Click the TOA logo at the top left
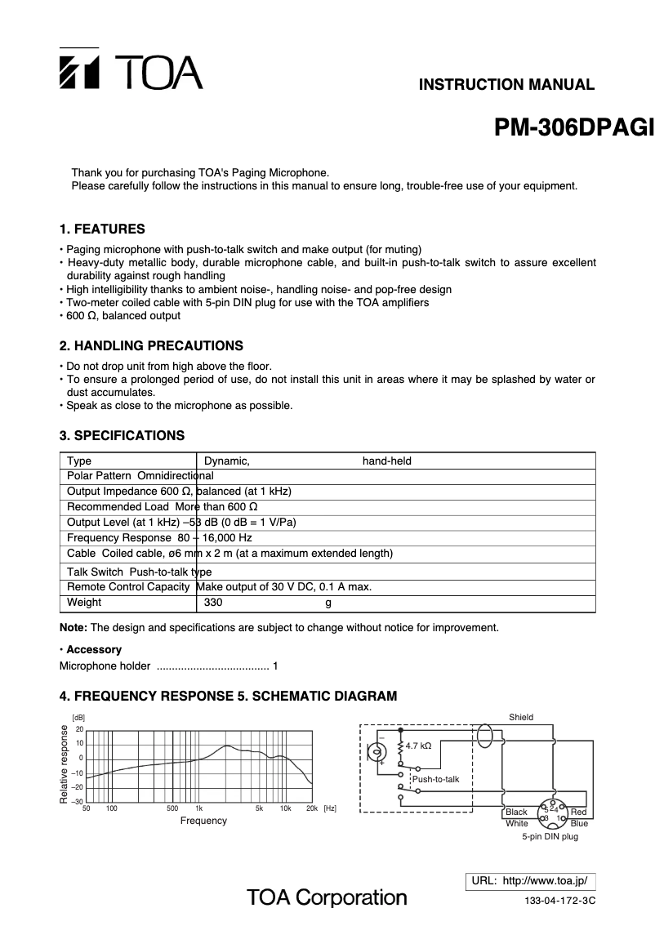pos(131,72)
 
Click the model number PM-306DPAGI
pos(575,129)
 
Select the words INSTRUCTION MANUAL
pos(506,84)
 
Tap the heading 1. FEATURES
pos(102,229)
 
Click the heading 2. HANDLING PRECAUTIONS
pos(151,345)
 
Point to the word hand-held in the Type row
pos(386,461)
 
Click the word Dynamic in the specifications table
pos(226,461)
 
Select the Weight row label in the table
pos(84,603)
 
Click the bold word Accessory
pos(93,650)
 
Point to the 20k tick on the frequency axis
pos(311,808)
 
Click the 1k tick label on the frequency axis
pos(198,808)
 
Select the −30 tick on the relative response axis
pos(78,802)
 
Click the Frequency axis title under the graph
pos(203,821)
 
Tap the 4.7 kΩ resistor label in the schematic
pos(418,746)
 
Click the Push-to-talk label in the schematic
pos(436,779)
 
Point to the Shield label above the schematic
pos(520,717)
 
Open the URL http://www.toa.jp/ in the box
pos(530,881)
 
